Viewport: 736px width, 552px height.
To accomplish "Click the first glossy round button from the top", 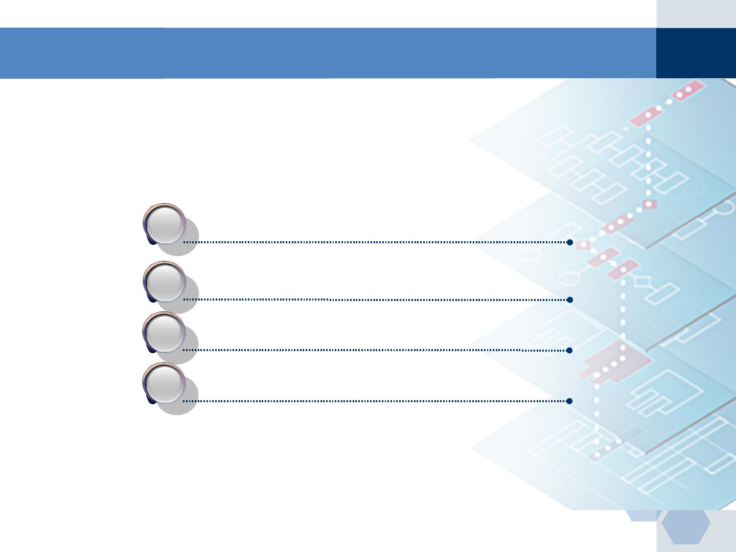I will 165,224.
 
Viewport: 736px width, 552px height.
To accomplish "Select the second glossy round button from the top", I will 165,282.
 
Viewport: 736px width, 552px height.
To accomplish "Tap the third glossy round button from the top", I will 165,332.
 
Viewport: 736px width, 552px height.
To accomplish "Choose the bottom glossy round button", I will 165,383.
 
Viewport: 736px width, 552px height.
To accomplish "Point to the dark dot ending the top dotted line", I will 569,242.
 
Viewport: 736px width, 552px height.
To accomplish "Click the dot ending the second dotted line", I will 569,300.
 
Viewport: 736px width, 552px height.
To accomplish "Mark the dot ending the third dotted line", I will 569,350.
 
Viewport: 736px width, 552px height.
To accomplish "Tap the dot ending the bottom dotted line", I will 569,401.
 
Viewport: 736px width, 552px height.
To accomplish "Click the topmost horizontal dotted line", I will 376,242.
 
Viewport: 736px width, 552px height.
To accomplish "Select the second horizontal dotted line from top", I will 376,300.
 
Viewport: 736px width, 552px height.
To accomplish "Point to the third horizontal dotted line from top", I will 376,350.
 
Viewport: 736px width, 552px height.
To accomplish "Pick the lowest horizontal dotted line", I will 376,401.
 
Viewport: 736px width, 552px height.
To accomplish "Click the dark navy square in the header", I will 696,53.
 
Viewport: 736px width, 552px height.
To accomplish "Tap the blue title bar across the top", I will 327,53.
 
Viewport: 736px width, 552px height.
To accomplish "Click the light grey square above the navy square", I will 696,14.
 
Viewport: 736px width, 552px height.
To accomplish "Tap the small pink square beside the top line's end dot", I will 583,245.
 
